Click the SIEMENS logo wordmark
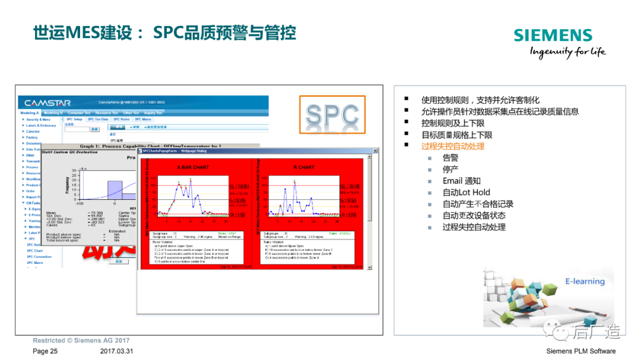(553, 35)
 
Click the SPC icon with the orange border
(332, 114)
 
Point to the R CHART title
(303, 167)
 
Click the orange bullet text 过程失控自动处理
(453, 146)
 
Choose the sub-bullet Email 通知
(462, 181)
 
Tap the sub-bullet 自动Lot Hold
(467, 192)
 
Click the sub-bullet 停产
(450, 169)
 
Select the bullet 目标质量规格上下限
(456, 135)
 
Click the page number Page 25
(45, 351)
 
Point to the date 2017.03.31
(117, 351)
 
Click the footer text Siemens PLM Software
(580, 351)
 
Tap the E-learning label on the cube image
(585, 281)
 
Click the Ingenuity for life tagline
(567, 52)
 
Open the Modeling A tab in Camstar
(30, 113)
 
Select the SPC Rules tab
(121, 119)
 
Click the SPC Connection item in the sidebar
(39, 257)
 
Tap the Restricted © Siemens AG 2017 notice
(81, 341)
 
